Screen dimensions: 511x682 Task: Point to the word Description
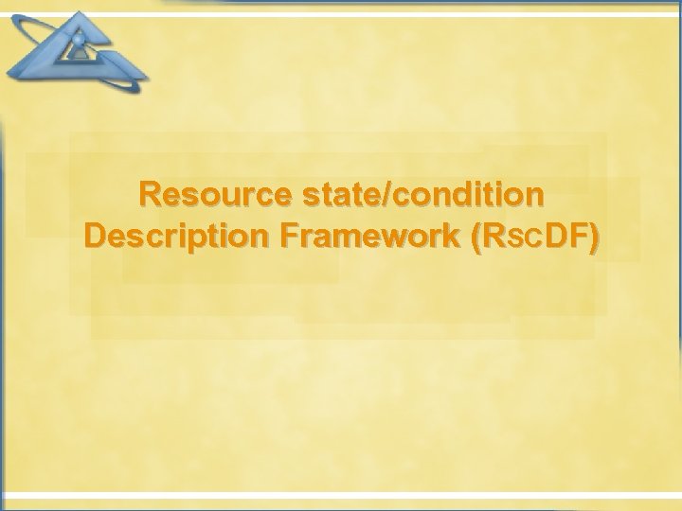click(177, 237)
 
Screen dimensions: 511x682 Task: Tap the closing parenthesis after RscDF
click(594, 238)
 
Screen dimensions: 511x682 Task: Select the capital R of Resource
click(151, 195)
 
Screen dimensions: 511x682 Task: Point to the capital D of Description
click(96, 237)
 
